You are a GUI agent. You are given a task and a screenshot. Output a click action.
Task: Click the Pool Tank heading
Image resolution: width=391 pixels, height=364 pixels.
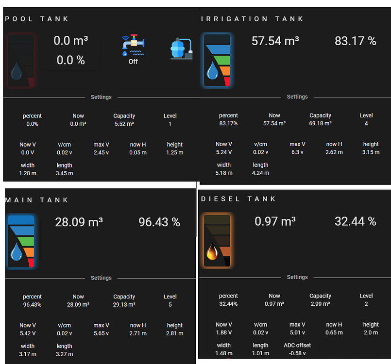coord(37,19)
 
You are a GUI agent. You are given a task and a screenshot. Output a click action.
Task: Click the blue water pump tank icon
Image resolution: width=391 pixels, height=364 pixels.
coord(181,49)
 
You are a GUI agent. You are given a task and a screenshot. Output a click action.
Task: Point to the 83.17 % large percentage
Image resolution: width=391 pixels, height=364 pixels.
coord(355,41)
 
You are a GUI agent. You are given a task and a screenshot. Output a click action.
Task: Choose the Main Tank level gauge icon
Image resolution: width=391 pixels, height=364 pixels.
coord(21,242)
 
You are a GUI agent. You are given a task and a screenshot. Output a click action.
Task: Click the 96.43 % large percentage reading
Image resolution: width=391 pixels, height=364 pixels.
coord(159,222)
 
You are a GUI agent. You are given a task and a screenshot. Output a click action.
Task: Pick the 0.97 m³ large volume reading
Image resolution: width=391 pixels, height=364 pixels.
coord(275,222)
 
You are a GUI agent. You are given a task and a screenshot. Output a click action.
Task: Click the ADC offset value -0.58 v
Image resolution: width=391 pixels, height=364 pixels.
coord(297,353)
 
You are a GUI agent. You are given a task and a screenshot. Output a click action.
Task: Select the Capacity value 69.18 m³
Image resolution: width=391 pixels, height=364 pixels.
coord(320,124)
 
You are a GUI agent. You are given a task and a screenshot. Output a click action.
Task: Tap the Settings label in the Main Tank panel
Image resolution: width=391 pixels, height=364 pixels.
coord(101,278)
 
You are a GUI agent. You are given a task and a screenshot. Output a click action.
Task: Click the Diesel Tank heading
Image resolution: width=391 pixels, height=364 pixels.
coord(238,199)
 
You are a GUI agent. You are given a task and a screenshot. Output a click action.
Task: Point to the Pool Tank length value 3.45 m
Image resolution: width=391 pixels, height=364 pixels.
coord(64,173)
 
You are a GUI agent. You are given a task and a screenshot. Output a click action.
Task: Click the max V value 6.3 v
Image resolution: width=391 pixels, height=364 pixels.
coord(297,152)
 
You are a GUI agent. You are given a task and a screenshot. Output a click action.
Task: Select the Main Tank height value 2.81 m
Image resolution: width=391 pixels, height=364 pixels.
coord(174,333)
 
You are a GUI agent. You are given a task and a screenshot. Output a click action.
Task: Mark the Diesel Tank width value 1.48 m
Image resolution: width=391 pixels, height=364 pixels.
coord(223,353)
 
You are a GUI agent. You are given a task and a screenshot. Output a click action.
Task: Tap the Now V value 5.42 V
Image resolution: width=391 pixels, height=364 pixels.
coord(28,333)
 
